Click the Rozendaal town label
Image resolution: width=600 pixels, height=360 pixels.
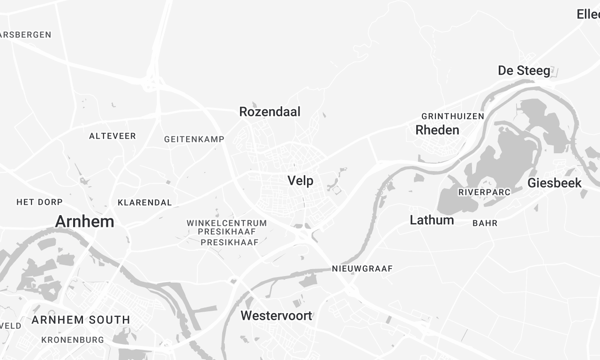(270, 112)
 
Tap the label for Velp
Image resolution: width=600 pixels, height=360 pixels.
(300, 181)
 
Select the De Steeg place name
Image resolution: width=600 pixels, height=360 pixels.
(524, 70)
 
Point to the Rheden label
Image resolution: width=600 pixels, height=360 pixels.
(437, 130)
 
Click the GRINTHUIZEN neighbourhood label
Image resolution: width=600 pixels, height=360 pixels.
(453, 116)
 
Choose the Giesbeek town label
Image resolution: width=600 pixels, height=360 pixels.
(554, 183)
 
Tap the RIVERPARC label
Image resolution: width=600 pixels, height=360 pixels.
(484, 191)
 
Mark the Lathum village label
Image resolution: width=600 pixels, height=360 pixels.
(432, 220)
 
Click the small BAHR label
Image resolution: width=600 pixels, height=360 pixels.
(485, 223)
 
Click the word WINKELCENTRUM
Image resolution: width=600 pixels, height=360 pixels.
(227, 222)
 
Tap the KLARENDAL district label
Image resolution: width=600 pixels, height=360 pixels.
(144, 202)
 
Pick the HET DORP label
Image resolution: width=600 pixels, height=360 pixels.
(40, 202)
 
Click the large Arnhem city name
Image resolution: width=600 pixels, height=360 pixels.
(85, 221)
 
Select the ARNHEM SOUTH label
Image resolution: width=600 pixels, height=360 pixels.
(80, 320)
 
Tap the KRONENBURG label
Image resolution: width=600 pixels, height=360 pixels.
(73, 340)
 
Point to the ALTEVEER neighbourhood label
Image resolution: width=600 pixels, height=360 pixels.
(113, 135)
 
